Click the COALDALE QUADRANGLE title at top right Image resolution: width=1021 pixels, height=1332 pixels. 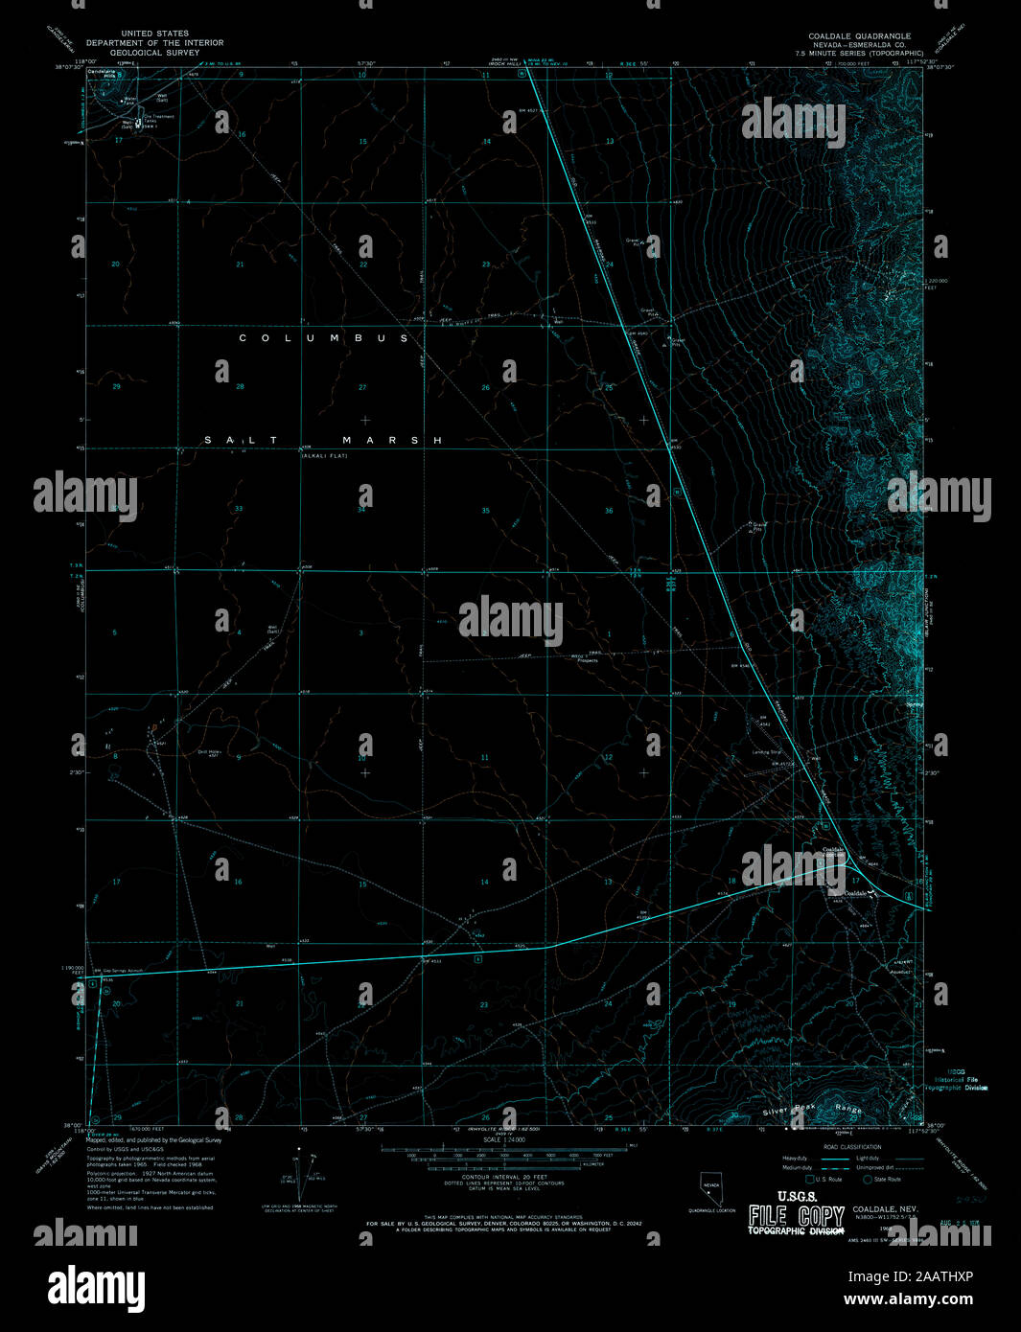(x=859, y=35)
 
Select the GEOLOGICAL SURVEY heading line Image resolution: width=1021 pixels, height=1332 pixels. (x=154, y=53)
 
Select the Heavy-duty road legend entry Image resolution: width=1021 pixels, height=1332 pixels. (x=795, y=1158)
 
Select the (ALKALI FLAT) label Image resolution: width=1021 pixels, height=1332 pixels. (x=324, y=455)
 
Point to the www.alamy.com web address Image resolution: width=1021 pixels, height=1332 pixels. (x=908, y=1300)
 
